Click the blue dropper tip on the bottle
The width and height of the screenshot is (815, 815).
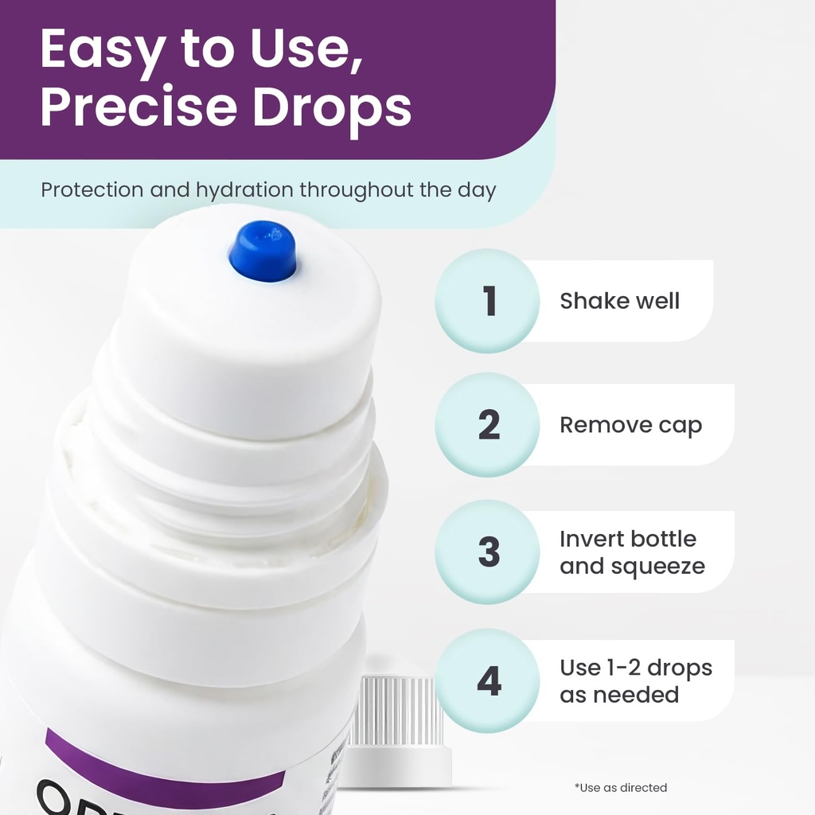pyautogui.click(x=263, y=251)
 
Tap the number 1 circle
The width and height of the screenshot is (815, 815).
pyautogui.click(x=487, y=301)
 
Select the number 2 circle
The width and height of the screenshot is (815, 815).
pyautogui.click(x=487, y=425)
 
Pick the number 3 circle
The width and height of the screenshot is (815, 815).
pyautogui.click(x=487, y=552)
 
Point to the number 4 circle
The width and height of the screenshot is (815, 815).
pyautogui.click(x=487, y=680)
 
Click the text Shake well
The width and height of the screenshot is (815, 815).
pyautogui.click(x=619, y=301)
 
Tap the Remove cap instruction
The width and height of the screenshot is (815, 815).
pyautogui.click(x=630, y=425)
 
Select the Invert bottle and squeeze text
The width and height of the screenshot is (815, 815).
pyautogui.click(x=631, y=552)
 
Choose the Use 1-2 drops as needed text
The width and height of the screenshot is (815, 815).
pyautogui.click(x=635, y=680)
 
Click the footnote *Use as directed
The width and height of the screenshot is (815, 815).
pyautogui.click(x=621, y=787)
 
